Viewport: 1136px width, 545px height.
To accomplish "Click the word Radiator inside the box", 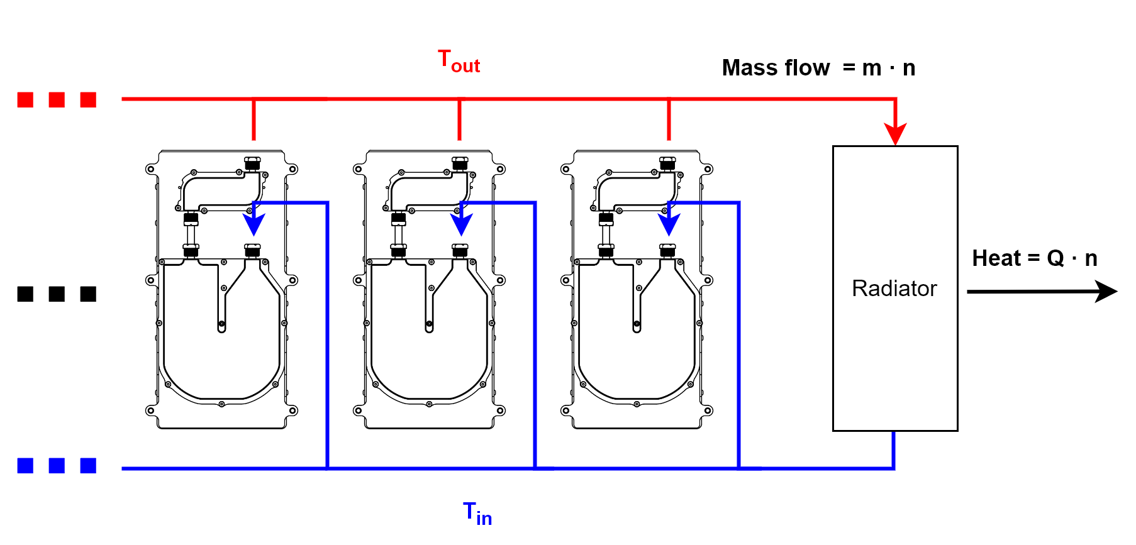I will pos(894,289).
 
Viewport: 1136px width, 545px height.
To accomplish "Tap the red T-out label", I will pos(459,62).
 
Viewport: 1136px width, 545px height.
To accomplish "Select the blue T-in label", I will pos(477,514).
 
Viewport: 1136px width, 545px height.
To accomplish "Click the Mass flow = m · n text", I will pos(818,68).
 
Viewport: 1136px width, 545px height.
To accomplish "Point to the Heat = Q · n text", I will pos(1035,258).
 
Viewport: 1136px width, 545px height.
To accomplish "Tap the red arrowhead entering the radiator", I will pos(895,134).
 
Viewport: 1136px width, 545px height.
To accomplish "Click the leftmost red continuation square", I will pos(25,100).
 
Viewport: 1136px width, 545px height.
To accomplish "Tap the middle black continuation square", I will pos(57,294).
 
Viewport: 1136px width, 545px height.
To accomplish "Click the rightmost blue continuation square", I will pos(88,466).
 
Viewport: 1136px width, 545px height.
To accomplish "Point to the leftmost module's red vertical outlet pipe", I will pos(253,119).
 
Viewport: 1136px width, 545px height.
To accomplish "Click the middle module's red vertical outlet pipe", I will pos(460,119).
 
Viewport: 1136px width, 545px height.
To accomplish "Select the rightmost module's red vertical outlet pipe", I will pos(669,119).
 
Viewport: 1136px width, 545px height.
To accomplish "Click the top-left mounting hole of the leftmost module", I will pos(150,169).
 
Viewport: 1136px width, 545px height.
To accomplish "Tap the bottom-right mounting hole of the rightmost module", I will pos(708,411).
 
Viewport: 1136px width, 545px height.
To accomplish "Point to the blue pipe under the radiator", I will pos(894,449).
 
